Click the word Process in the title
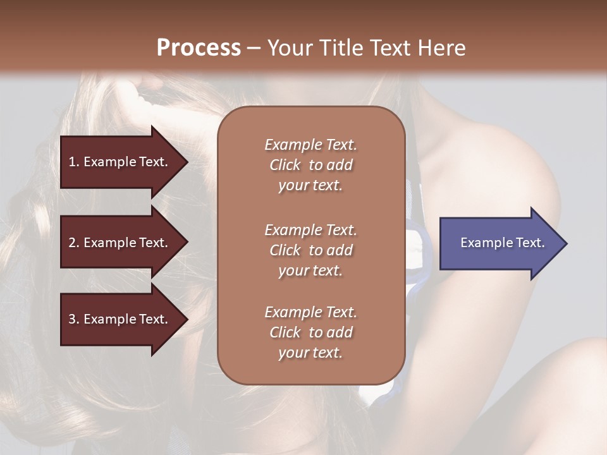pos(199,48)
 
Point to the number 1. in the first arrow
pos(73,162)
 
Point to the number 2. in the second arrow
pos(73,243)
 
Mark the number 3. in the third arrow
pos(73,319)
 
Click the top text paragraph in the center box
pos(310,165)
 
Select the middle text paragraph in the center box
pos(310,250)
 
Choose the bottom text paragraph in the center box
pos(310,332)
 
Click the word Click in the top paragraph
pos(285,165)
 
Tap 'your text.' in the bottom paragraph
pos(310,353)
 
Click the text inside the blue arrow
pos(502,243)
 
